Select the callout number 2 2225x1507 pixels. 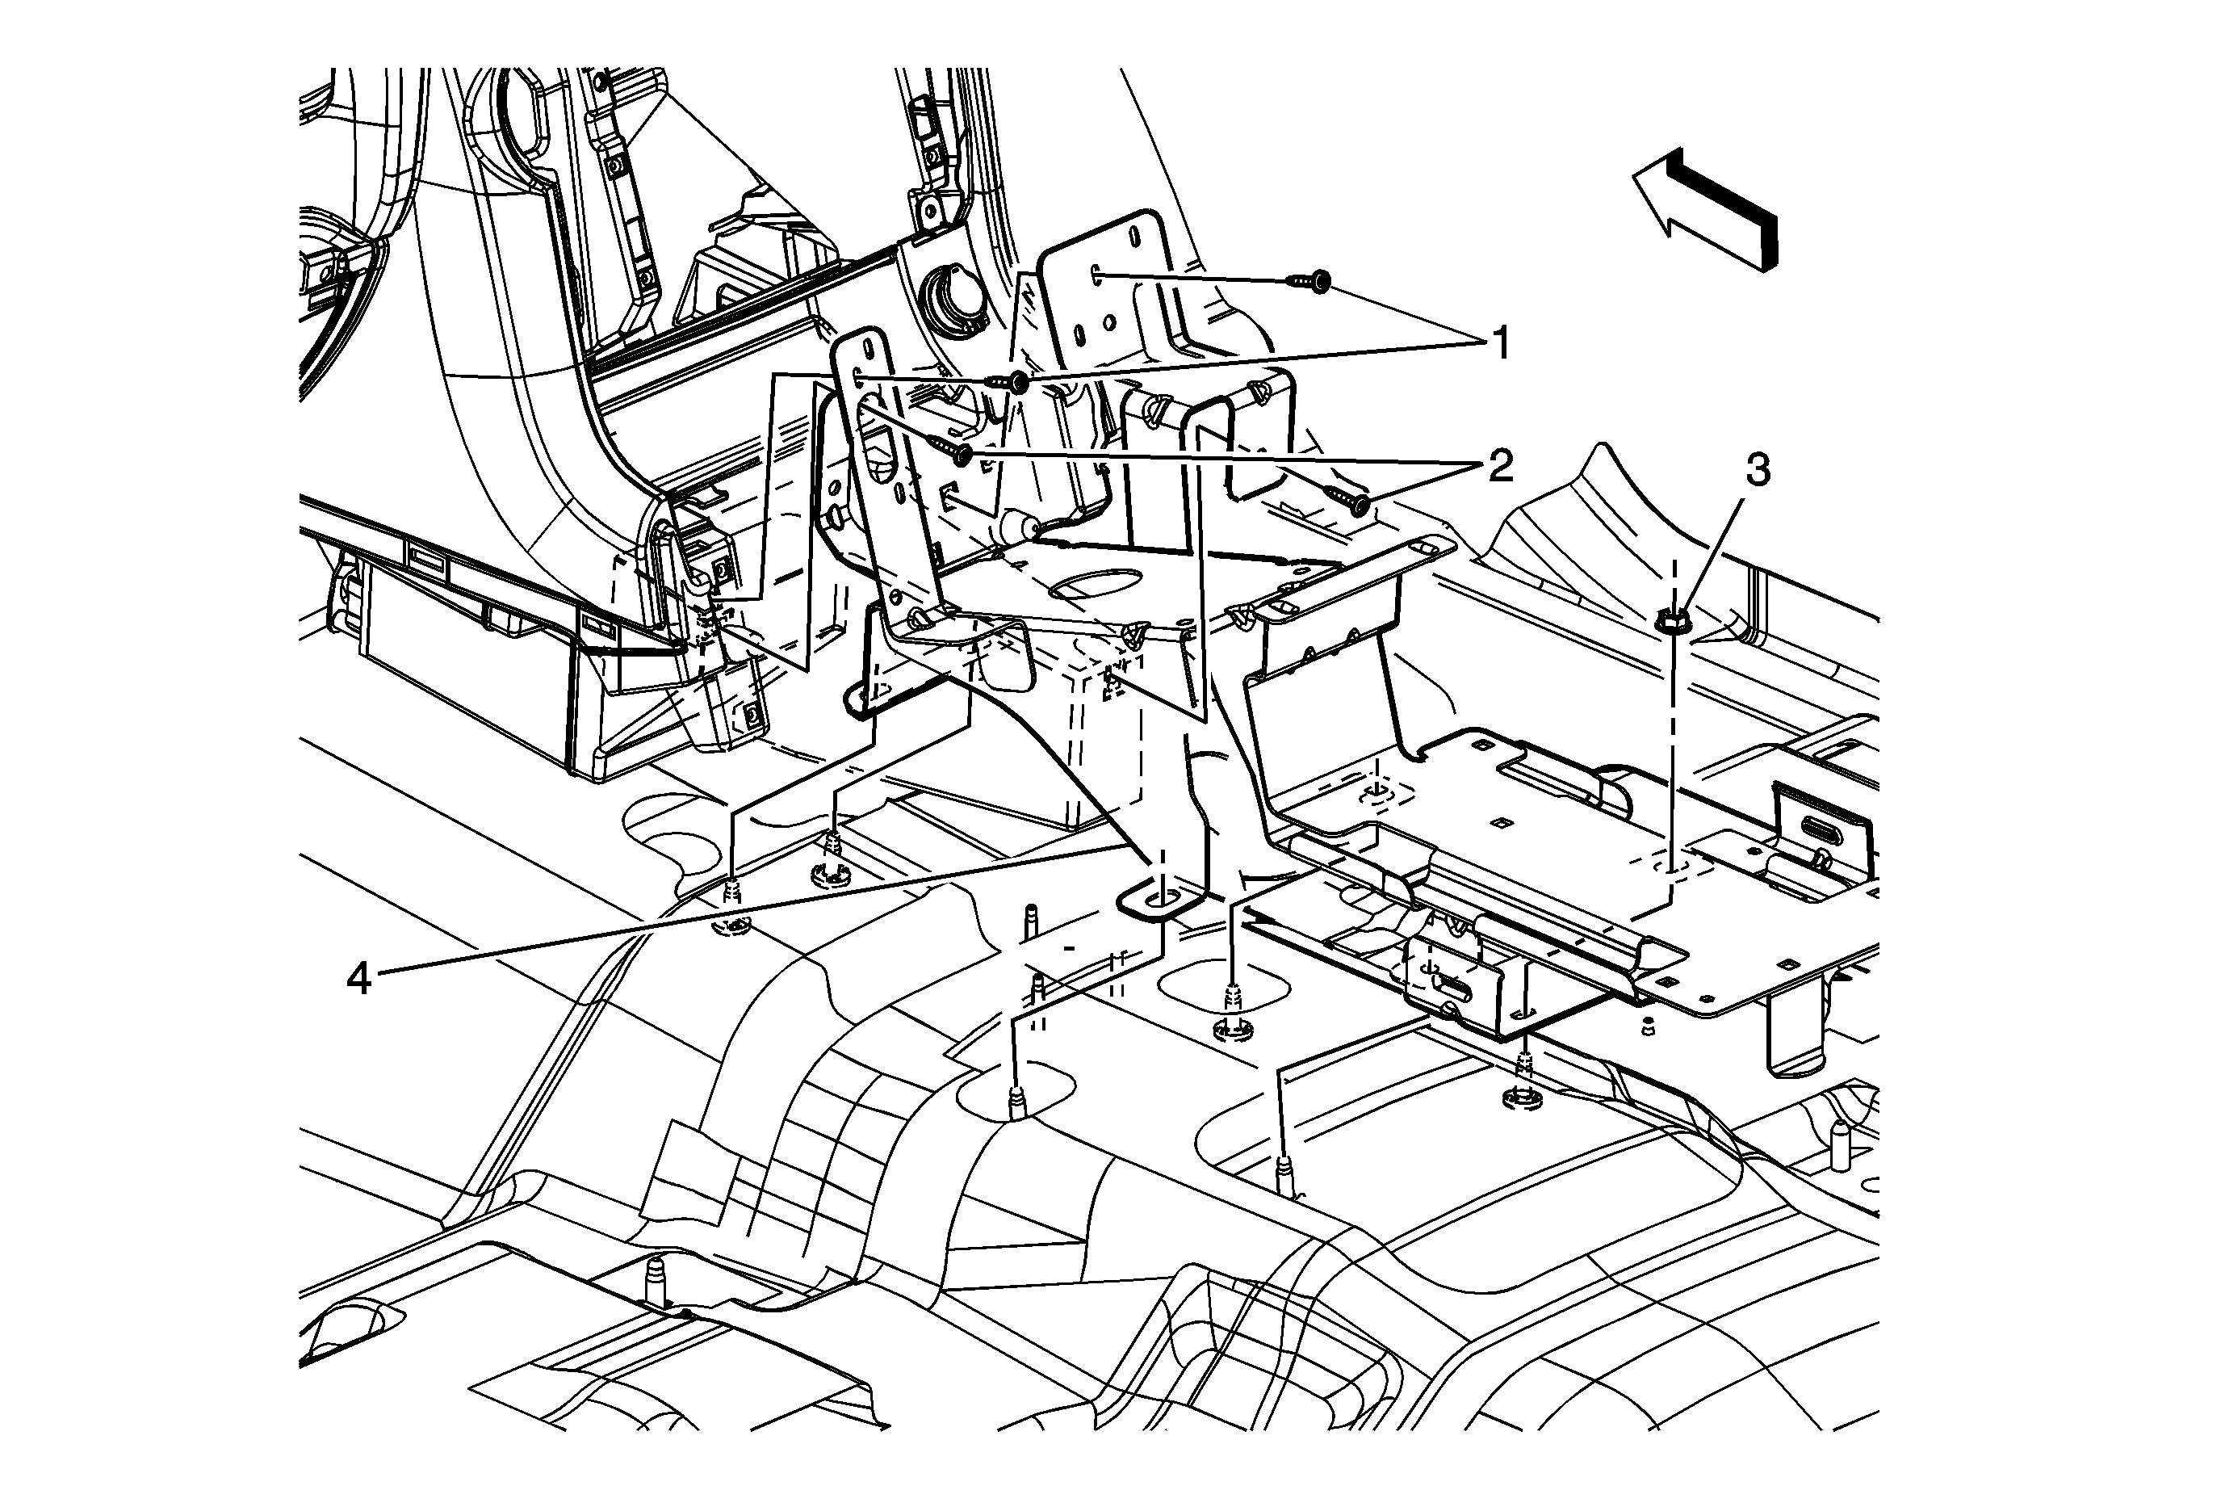coord(1500,466)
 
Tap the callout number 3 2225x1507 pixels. coord(1758,470)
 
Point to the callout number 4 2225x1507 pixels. coord(358,979)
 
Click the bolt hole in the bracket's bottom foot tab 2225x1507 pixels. coord(1160,899)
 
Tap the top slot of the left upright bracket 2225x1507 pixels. coord(870,346)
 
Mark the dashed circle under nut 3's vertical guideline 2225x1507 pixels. coord(1674,867)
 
